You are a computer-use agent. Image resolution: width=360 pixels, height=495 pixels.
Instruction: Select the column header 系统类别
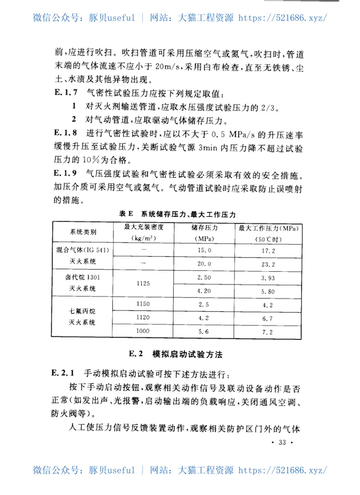tap(83, 232)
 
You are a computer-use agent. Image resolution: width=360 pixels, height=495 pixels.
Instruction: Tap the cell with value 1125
tap(143, 284)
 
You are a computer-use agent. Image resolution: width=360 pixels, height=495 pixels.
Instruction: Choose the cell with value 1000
tap(143, 332)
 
